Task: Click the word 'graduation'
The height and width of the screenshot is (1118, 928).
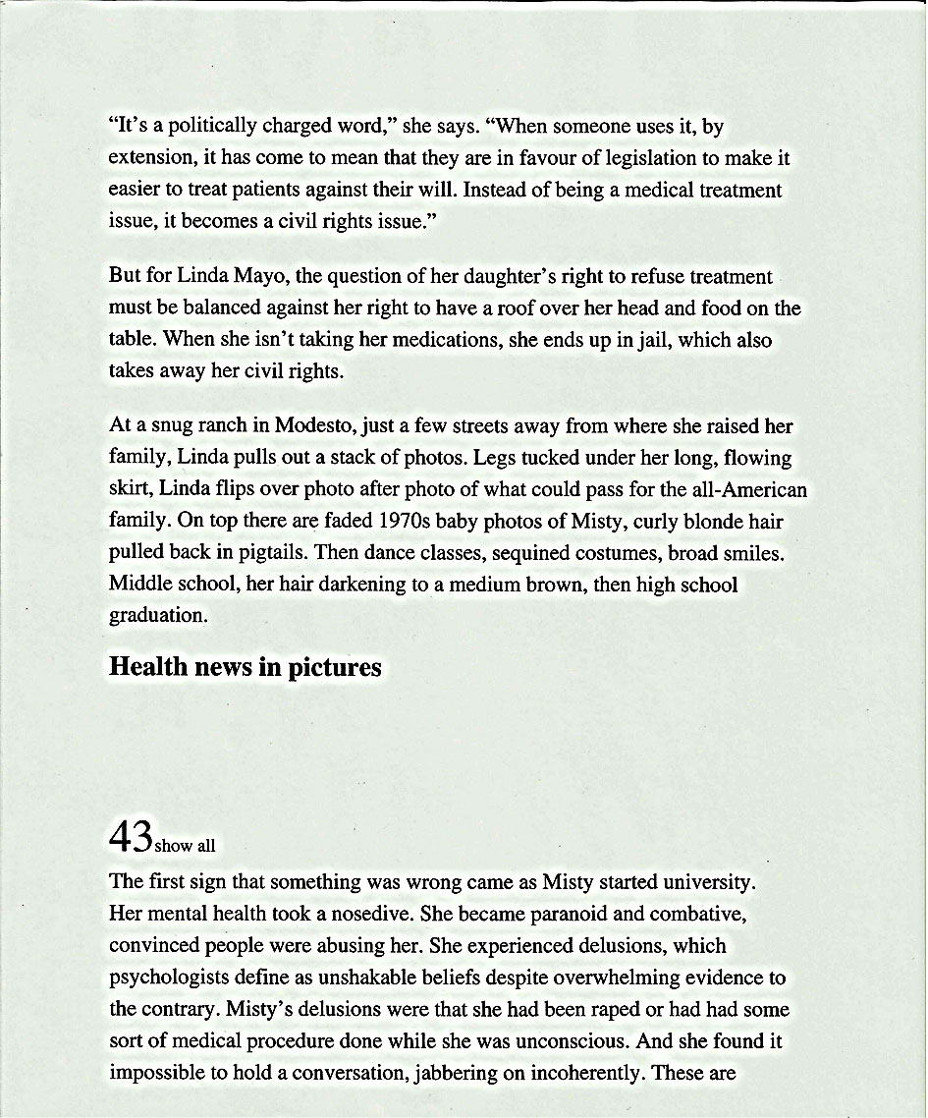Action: (157, 616)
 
